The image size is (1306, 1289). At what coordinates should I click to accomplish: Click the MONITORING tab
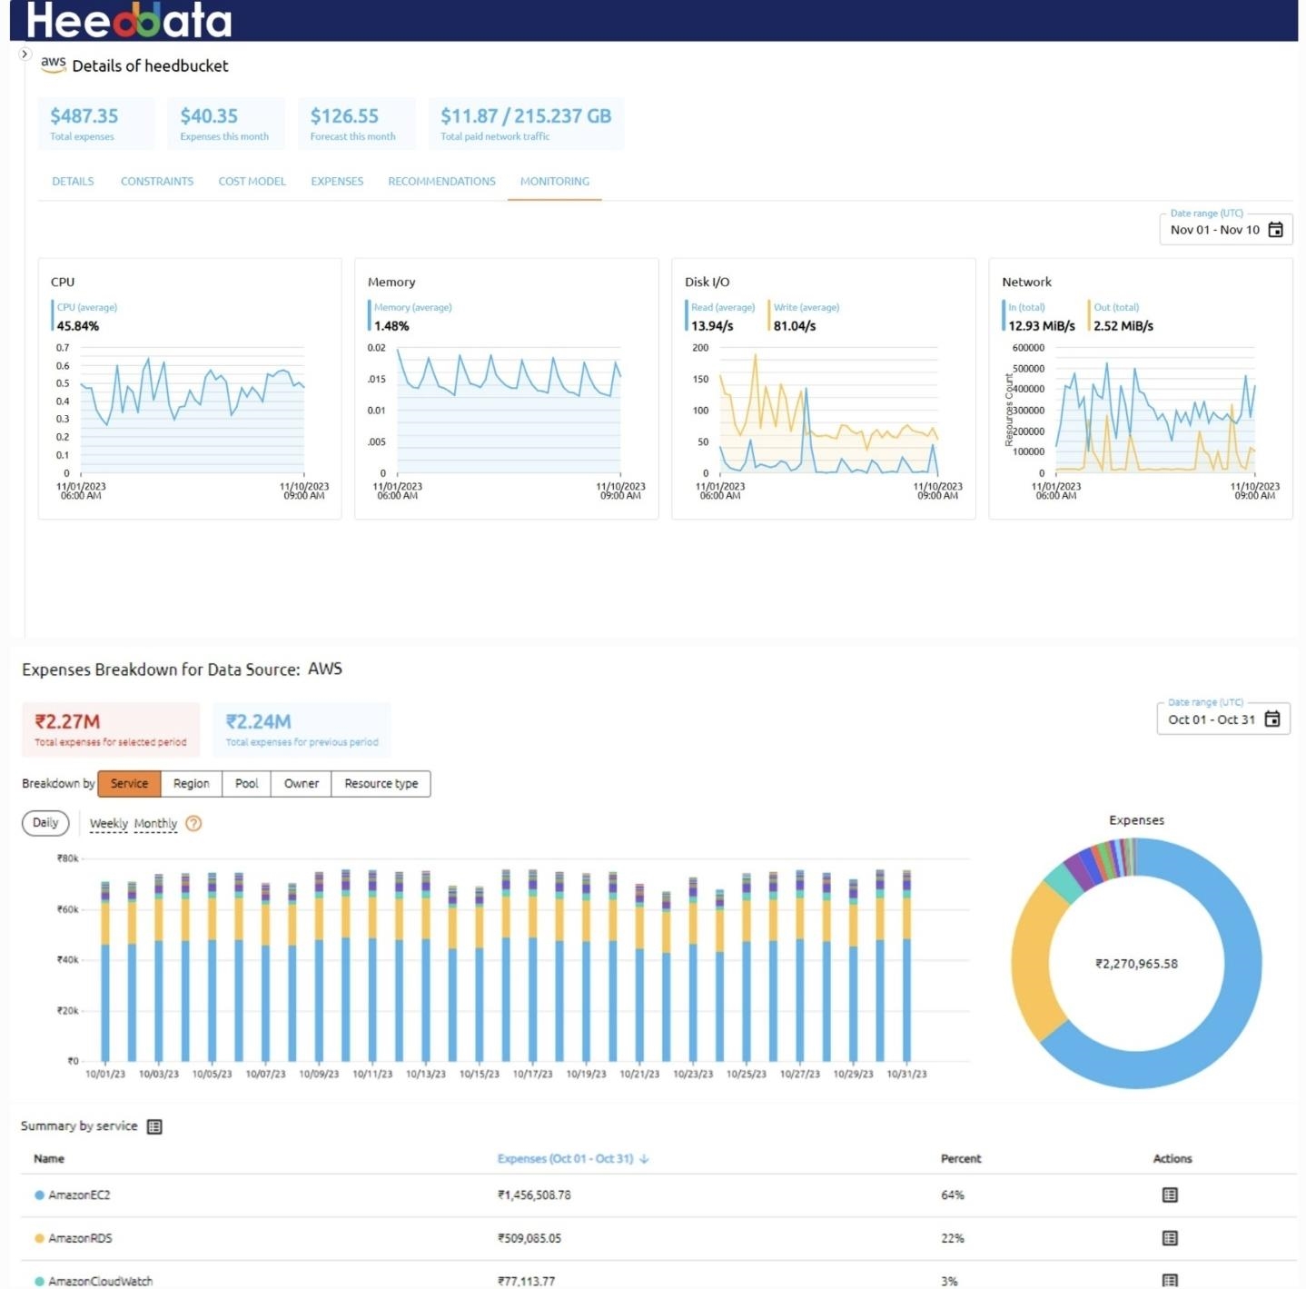point(554,182)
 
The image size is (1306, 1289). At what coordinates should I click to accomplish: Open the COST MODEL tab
point(252,182)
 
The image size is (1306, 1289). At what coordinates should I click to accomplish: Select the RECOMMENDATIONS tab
point(441,182)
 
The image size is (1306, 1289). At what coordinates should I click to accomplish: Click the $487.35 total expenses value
point(84,116)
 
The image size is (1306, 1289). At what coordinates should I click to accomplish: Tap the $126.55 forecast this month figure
point(344,116)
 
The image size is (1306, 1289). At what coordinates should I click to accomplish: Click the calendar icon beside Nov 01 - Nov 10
point(1275,230)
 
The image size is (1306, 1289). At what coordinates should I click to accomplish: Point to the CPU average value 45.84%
point(78,326)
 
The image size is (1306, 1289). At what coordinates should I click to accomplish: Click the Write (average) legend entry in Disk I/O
point(806,308)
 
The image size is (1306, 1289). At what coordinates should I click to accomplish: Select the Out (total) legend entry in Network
point(1115,308)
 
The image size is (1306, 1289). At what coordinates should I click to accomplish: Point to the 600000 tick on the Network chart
point(1028,348)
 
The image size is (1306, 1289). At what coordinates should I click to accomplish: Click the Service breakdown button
point(129,784)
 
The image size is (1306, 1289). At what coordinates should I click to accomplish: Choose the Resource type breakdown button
point(381,784)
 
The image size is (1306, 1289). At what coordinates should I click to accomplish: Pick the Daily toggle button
point(45,823)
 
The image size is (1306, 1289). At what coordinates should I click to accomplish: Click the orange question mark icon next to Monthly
point(193,824)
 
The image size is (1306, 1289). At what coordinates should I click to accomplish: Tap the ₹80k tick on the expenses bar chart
point(68,858)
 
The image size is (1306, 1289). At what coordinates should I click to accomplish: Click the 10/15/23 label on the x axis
point(479,1074)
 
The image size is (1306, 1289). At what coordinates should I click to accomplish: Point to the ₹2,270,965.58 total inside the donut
point(1136,964)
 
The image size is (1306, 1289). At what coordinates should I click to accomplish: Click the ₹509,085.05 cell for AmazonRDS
point(529,1238)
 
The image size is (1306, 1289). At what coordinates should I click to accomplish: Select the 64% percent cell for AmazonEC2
point(952,1195)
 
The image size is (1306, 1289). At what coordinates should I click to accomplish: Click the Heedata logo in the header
point(129,20)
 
